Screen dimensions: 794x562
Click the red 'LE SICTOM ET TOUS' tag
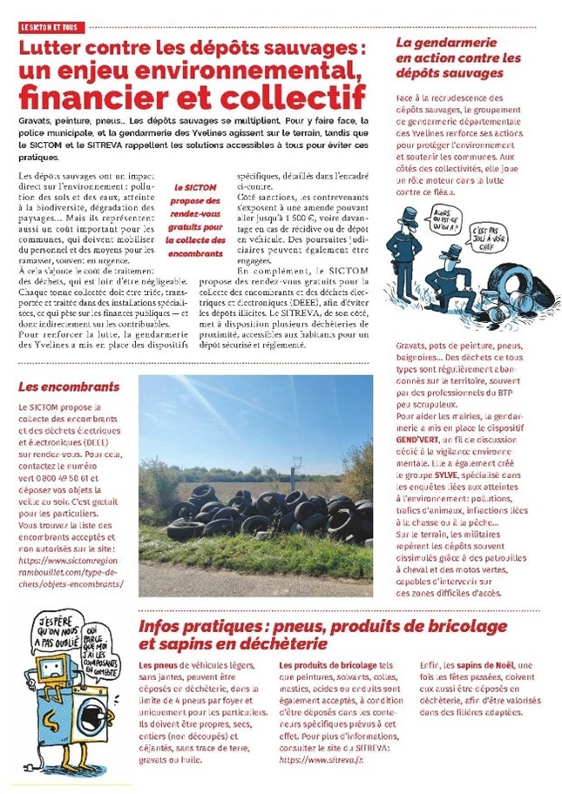click(49, 28)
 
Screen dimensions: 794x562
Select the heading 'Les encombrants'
click(53, 386)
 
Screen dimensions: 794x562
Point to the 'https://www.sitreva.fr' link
click(317, 758)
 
